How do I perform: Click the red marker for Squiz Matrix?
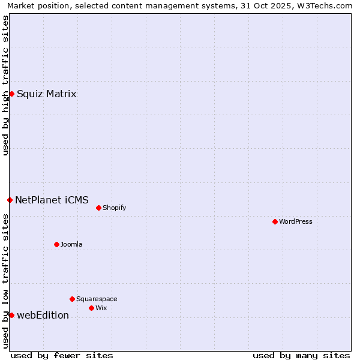click(11, 94)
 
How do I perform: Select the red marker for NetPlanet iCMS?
click(10, 200)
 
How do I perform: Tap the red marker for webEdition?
click(11, 315)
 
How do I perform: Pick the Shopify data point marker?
click(98, 208)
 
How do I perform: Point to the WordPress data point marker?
click(275, 221)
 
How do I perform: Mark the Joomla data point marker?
click(56, 244)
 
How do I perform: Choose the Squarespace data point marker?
click(72, 299)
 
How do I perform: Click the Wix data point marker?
click(91, 308)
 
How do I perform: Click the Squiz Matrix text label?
click(46, 94)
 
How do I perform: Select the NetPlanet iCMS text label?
click(52, 200)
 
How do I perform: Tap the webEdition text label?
click(43, 315)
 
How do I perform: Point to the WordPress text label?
click(296, 221)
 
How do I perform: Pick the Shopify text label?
click(114, 208)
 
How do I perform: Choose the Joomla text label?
click(71, 244)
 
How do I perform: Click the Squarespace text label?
click(97, 299)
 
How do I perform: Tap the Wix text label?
click(101, 308)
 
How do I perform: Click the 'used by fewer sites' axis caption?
click(62, 355)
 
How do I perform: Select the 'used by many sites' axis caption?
click(301, 355)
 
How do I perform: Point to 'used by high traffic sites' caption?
click(5, 85)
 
